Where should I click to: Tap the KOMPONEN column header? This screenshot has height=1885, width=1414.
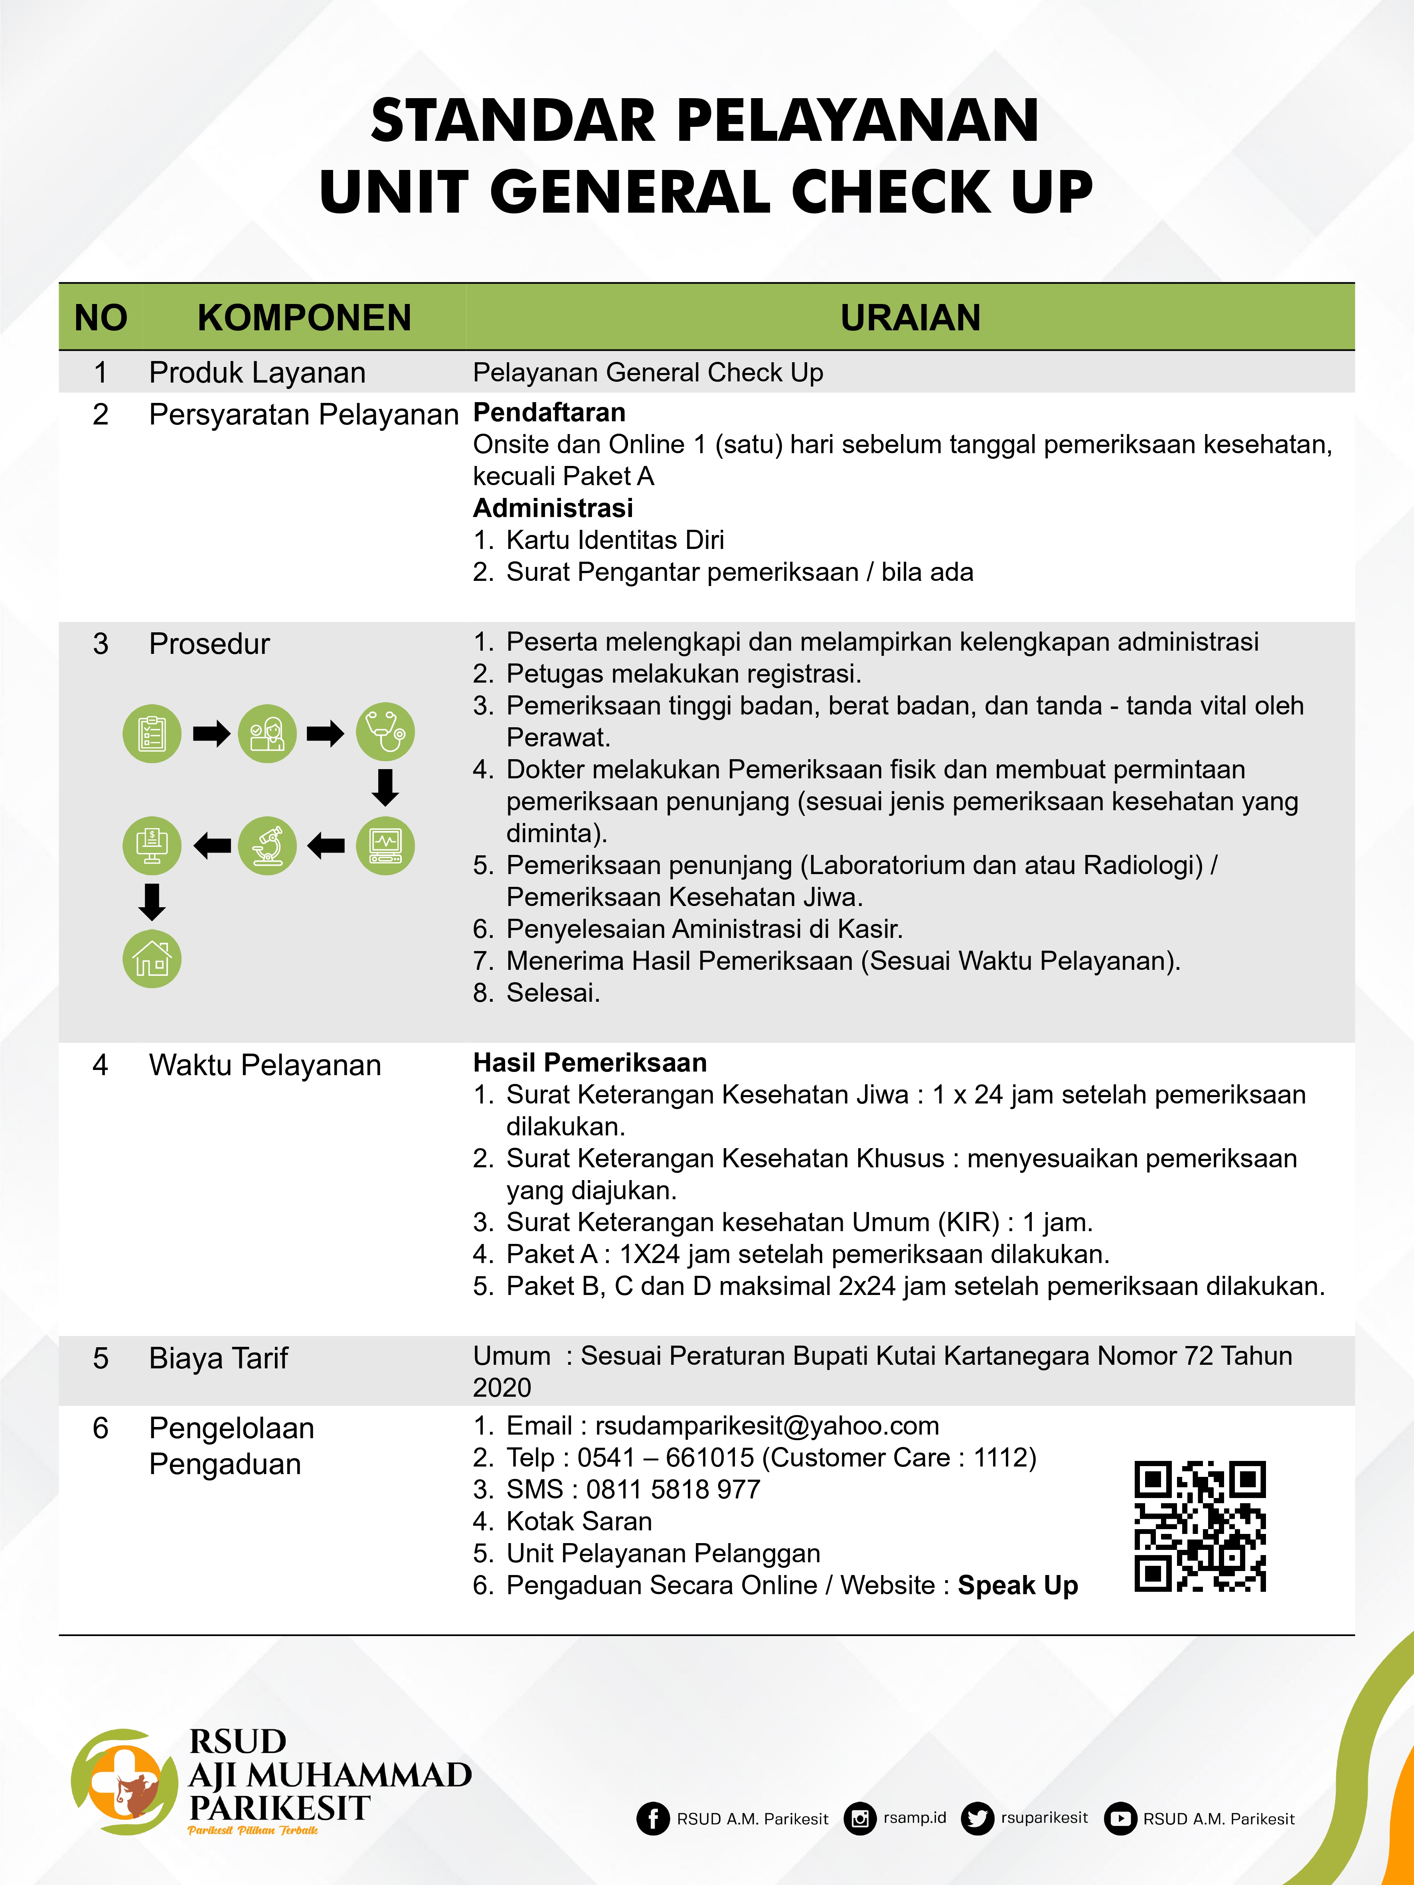[304, 318]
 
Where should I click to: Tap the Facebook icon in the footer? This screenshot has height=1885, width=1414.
[653, 1818]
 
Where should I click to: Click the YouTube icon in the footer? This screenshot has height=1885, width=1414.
[1120, 1818]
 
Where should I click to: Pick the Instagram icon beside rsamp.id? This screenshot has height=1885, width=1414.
[860, 1818]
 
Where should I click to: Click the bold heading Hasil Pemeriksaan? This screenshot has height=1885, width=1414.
[590, 1063]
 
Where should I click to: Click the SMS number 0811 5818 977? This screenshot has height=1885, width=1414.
[673, 1490]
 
